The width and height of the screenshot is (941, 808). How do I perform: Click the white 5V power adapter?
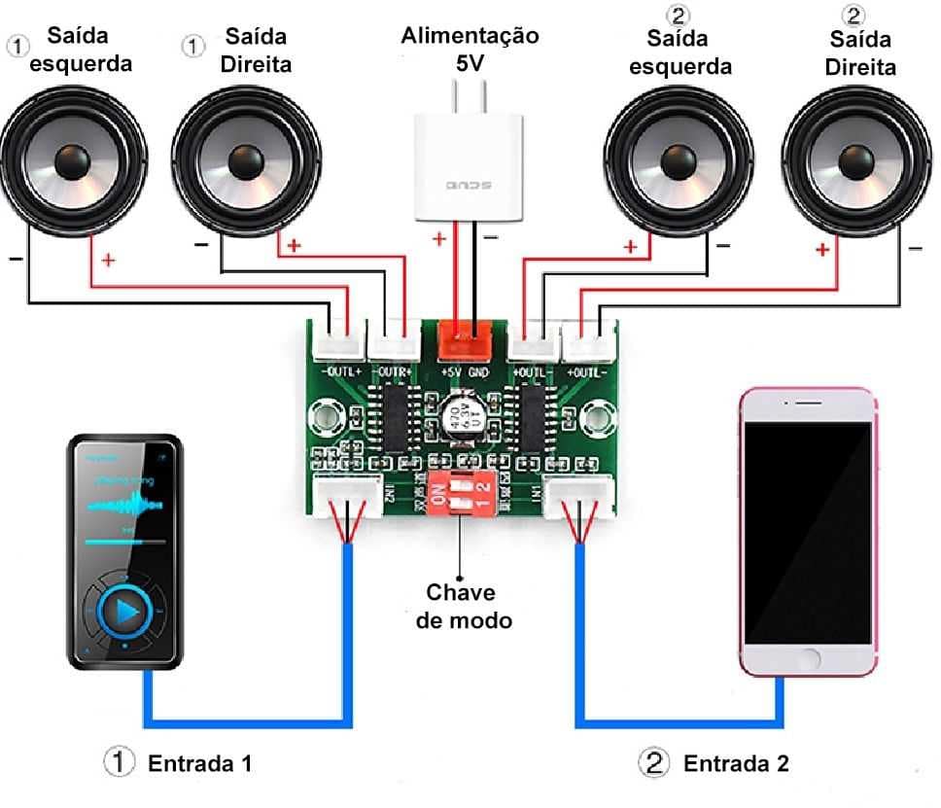point(468,162)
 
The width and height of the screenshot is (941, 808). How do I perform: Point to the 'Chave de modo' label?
point(463,605)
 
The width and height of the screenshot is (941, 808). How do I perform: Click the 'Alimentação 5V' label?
point(470,48)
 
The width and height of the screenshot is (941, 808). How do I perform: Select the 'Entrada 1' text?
point(199,763)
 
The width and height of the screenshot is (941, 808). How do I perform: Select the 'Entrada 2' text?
point(736,763)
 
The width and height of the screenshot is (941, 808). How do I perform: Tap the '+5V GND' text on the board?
point(465,371)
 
